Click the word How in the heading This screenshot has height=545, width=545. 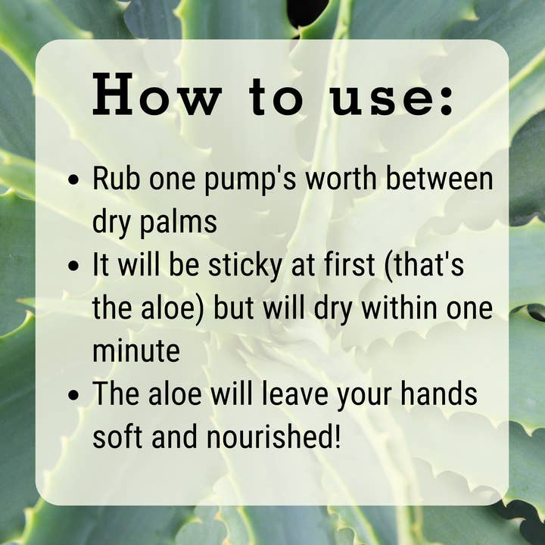pos(157,94)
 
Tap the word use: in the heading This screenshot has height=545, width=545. pos(392,98)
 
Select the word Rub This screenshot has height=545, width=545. pos(117,178)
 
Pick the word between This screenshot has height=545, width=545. pos(440,178)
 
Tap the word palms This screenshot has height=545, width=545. pos(179,223)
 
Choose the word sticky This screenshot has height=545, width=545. pos(245,266)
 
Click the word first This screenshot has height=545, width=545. pos(350,264)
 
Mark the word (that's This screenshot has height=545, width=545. pos(424,266)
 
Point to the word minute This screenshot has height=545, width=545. pos(136,350)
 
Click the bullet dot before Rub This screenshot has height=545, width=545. pos(73,179)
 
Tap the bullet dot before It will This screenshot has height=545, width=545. pos(73,266)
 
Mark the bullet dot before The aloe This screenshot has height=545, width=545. pos(73,395)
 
